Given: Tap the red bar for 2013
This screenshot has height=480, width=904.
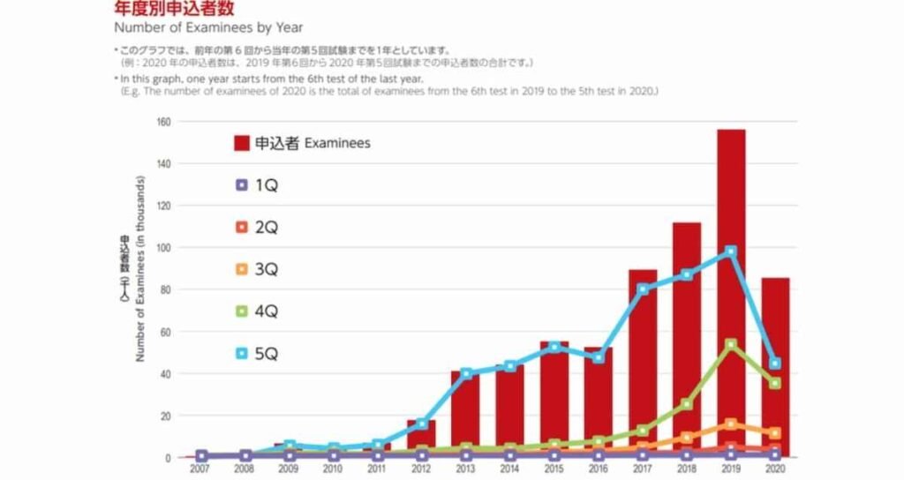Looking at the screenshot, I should point(465,414).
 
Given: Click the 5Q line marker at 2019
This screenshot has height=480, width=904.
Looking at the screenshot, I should point(730,251).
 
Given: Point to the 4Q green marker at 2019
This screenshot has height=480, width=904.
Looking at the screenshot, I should point(730,344).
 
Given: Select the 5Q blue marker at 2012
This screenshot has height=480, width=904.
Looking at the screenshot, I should point(422,424).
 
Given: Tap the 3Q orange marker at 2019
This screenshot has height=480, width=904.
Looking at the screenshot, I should point(730,424).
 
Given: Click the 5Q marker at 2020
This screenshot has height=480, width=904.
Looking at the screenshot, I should point(775,364).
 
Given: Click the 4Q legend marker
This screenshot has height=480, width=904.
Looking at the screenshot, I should point(241,312).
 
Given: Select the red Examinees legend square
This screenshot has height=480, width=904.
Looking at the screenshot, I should point(241,143).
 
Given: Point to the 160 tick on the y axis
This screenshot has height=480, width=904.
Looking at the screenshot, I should point(163,122).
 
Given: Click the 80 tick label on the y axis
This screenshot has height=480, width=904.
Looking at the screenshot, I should point(165,289).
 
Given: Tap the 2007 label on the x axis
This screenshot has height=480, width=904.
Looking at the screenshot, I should point(201,469).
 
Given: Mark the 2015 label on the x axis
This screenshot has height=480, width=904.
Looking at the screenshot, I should point(554,469).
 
